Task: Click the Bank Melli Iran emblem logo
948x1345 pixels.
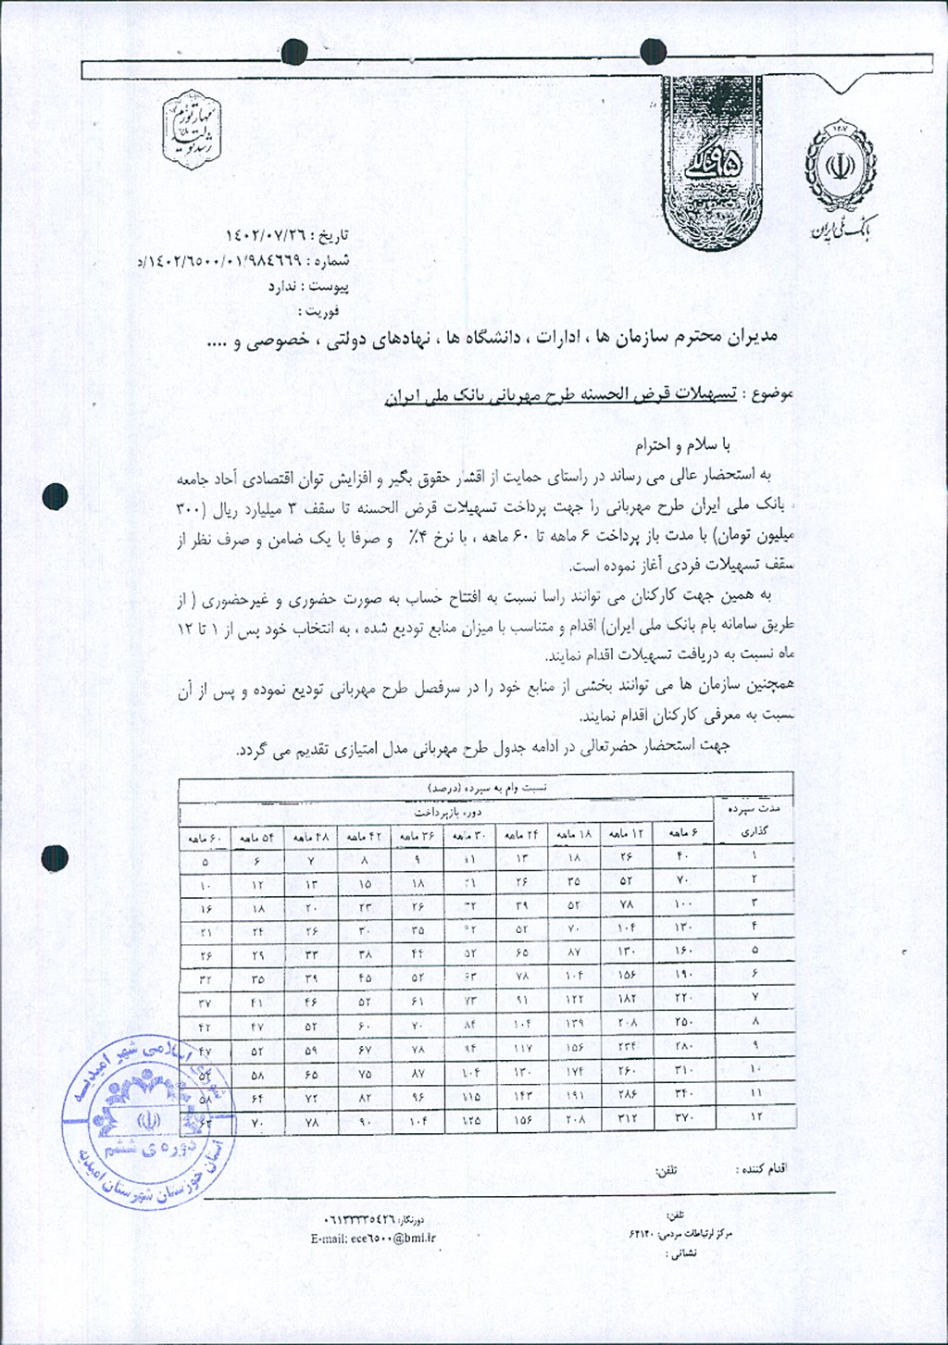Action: [841, 167]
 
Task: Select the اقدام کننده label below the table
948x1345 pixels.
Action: [761, 1169]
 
